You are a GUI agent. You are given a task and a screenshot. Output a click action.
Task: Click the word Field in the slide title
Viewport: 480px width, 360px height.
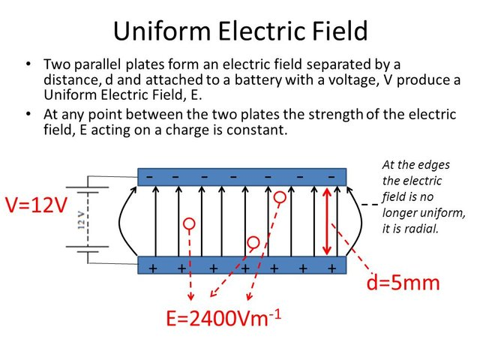[x=337, y=31]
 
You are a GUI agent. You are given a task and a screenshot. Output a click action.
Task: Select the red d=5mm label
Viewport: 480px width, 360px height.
[x=402, y=284]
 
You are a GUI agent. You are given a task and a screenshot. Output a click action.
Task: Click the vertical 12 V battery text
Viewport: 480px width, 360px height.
[x=80, y=223]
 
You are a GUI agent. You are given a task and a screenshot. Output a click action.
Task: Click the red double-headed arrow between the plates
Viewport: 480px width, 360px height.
[x=327, y=220]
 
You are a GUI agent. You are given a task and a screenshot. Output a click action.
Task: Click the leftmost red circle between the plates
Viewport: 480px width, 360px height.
[x=189, y=223]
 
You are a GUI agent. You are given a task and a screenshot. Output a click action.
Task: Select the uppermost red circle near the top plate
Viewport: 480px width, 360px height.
[x=280, y=197]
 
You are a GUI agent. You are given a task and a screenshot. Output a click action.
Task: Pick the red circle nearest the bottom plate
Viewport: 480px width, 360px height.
[x=253, y=242]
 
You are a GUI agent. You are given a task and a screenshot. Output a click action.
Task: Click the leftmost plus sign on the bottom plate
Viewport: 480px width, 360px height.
[x=153, y=268]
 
